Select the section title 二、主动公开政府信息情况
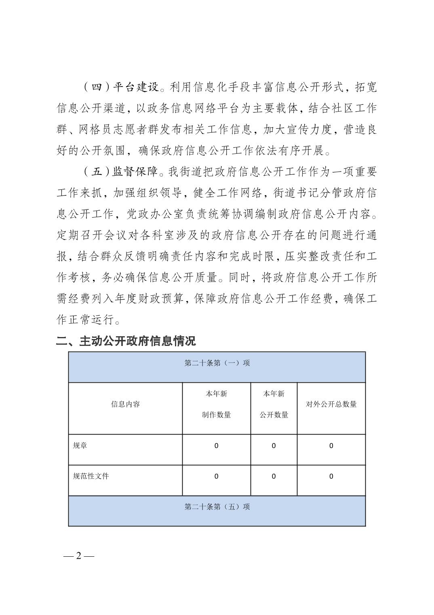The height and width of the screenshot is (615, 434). coord(126,341)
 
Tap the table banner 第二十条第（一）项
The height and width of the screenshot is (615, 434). coord(217,363)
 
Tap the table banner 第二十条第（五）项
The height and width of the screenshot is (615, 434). coord(217,507)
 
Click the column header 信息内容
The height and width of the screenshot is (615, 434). coord(125,404)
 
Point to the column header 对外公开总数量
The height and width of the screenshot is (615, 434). coord(331,404)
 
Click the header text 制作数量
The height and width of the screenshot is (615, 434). coord(216,415)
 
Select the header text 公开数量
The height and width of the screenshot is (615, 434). coord(274,415)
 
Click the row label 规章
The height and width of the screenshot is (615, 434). coord(80,446)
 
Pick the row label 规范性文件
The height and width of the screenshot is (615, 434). coord(91,476)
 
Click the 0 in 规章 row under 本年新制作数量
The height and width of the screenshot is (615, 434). coord(216,446)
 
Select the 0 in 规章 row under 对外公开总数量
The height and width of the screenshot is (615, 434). coord(331,446)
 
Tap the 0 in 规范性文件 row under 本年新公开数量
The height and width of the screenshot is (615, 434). coord(274,476)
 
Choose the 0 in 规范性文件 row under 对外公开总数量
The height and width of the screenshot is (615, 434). coord(331,476)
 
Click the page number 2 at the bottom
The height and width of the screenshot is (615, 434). coord(79,556)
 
